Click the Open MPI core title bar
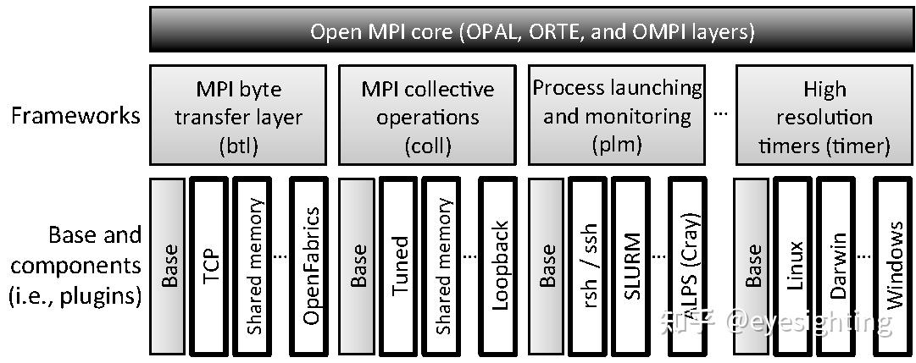[x=531, y=32]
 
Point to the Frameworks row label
[x=75, y=116]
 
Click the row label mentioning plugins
[x=75, y=266]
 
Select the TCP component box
[x=209, y=265]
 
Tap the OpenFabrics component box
[x=311, y=265]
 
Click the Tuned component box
[x=399, y=265]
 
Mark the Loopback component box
[x=500, y=265]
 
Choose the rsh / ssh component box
[x=589, y=265]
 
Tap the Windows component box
[x=894, y=265]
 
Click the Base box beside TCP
[x=169, y=265]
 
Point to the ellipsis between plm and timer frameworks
[x=720, y=116]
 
